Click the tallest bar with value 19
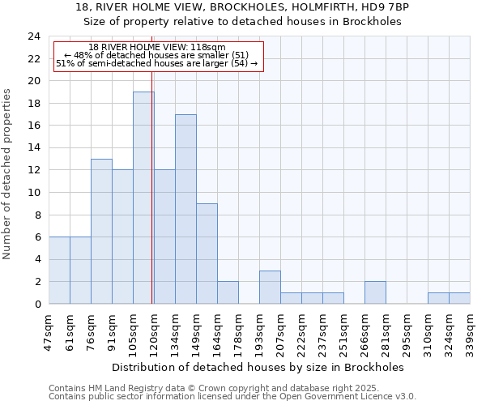point(143,198)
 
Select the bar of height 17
point(185,209)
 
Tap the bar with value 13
point(101,231)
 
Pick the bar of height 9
point(207,254)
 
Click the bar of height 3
point(270,287)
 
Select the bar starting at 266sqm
point(375,292)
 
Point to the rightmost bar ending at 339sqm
point(459,298)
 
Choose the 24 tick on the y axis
point(34,36)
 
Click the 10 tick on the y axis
point(34,193)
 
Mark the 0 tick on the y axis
point(37,304)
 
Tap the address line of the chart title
point(242,7)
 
